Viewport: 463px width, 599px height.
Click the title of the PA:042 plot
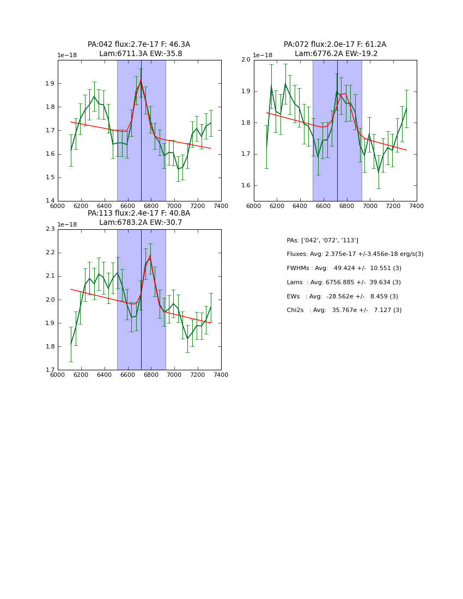(x=139, y=49)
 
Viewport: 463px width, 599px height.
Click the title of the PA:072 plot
(x=335, y=49)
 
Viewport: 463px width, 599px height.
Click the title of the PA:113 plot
(x=139, y=218)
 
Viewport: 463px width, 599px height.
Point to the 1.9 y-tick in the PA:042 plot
(x=50, y=84)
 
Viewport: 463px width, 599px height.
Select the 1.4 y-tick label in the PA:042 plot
(x=50, y=201)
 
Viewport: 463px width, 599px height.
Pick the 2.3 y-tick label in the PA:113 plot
(x=50, y=229)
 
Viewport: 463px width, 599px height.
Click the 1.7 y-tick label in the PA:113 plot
(x=50, y=370)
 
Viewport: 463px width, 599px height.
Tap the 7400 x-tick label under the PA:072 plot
(x=417, y=206)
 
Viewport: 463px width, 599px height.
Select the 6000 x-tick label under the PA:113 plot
(x=57, y=375)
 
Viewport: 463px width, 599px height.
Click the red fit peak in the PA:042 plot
(x=141, y=81)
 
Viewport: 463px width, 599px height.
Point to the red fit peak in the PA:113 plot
(x=150, y=256)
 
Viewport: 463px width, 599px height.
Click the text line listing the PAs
(x=322, y=241)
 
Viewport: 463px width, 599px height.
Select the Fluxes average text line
(x=355, y=254)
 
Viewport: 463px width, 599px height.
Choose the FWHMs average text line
(x=344, y=268)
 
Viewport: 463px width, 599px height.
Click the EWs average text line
(x=342, y=297)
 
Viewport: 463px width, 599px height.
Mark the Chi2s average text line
(x=344, y=310)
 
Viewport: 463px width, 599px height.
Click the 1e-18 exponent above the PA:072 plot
(x=263, y=55)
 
